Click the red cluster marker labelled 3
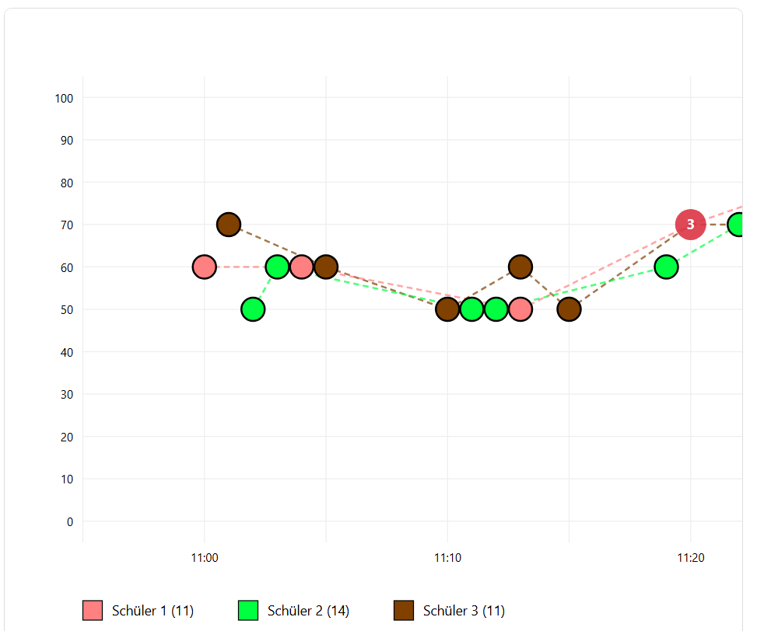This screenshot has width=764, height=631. click(x=690, y=225)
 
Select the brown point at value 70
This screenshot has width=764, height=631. click(x=228, y=225)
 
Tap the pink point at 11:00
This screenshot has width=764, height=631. click(x=204, y=267)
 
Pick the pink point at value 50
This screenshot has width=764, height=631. click(x=520, y=309)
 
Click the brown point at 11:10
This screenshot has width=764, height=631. click(x=447, y=309)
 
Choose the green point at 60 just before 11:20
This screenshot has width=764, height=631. click(x=666, y=267)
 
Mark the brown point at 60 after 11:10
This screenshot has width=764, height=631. click(x=520, y=267)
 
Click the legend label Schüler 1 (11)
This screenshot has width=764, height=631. click(x=152, y=611)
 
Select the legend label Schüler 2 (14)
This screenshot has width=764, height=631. click(x=308, y=611)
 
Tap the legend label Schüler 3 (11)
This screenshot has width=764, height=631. click(x=464, y=611)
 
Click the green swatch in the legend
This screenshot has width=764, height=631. click(x=248, y=611)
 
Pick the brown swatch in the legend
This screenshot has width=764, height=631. click(x=404, y=611)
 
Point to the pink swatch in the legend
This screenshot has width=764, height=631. click(x=93, y=611)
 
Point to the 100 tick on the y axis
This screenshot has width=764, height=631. click(x=64, y=98)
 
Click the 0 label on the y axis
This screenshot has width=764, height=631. click(x=69, y=521)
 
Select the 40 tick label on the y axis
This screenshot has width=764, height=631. click(x=66, y=352)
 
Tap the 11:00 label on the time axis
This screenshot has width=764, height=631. click(x=204, y=557)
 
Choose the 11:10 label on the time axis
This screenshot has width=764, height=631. click(x=447, y=557)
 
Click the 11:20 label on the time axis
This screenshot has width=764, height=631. click(x=690, y=557)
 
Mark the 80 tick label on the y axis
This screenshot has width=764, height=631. click(x=66, y=183)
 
